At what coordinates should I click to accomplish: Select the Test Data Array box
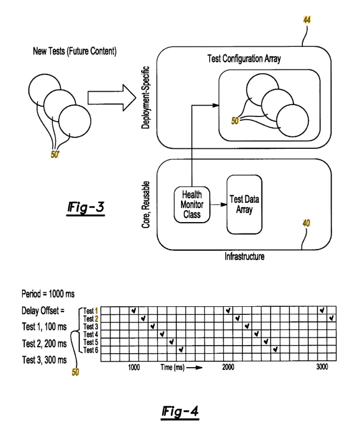243,204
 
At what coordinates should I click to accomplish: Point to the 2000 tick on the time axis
229,367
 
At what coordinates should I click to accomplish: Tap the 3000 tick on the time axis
322,367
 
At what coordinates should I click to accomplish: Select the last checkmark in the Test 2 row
331,318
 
